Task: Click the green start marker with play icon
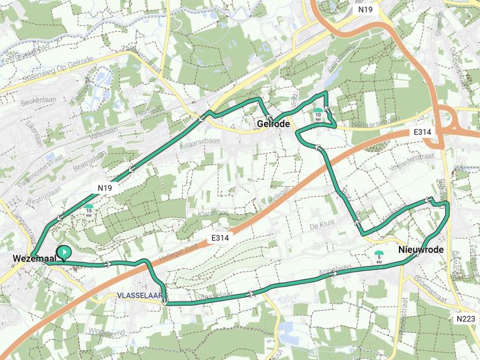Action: tap(64, 252)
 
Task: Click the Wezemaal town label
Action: tap(31, 260)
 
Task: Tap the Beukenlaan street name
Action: tap(35, 102)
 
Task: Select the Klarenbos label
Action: tap(214, 213)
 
